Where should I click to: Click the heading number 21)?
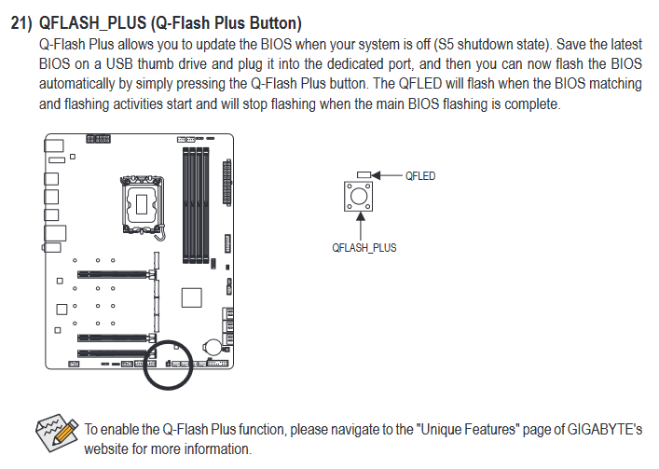(21, 23)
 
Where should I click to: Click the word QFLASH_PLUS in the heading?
(92, 23)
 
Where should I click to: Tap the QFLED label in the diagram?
(419, 175)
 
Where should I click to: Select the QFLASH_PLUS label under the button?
(364, 247)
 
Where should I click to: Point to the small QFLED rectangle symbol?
(364, 174)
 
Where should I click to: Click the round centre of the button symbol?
(359, 196)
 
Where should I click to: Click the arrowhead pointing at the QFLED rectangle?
(376, 175)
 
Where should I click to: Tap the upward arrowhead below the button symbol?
(360, 217)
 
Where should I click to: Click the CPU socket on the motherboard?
(142, 204)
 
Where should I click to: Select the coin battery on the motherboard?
(213, 347)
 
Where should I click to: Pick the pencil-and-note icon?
(57, 433)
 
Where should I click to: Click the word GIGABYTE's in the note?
(604, 430)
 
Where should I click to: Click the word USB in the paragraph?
(119, 64)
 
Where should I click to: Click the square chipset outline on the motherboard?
(192, 297)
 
